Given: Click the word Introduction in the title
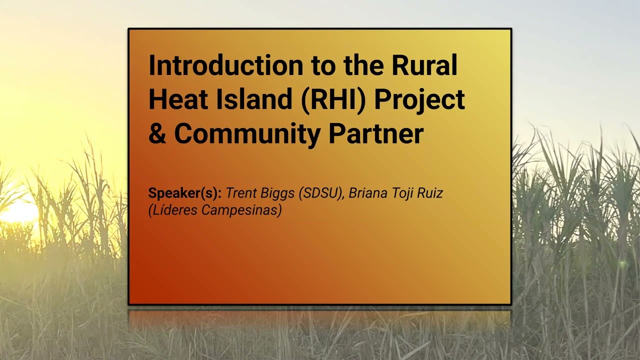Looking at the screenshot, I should tap(225, 65).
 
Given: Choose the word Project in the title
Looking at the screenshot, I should tap(420, 99).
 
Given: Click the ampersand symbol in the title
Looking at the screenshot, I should tap(157, 133).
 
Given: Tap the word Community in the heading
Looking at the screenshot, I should tap(247, 133).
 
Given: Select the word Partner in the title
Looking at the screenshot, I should tap(376, 133).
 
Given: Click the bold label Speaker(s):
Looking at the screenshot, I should tap(184, 193).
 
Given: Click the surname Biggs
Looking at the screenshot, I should tap(278, 193).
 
